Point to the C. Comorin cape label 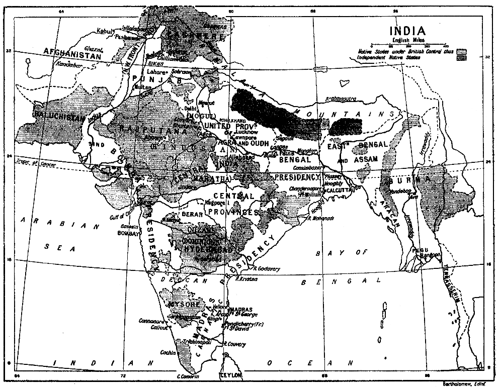(x=188, y=376)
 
